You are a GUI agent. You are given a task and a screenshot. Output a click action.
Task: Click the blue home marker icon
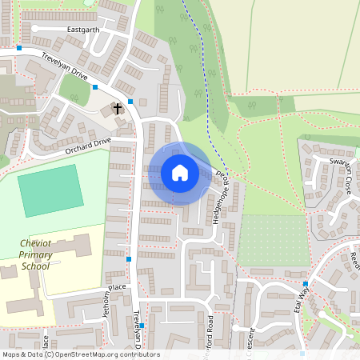pyautogui.click(x=180, y=173)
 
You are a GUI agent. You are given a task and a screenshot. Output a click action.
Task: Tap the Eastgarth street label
pyautogui.click(x=83, y=30)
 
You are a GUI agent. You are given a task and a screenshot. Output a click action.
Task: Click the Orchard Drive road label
pyautogui.click(x=89, y=145)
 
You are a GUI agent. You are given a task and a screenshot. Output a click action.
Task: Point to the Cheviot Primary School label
pyautogui.click(x=35, y=254)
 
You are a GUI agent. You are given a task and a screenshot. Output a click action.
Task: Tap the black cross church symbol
pyautogui.click(x=118, y=107)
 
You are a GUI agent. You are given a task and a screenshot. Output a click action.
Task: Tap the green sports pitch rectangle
pyautogui.click(x=50, y=190)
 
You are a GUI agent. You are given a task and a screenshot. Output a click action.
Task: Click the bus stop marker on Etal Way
pyautogui.click(x=306, y=284)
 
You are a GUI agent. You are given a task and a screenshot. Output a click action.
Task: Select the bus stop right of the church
pyautogui.click(x=130, y=102)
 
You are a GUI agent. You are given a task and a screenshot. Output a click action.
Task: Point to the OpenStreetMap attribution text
pyautogui.click(x=81, y=354)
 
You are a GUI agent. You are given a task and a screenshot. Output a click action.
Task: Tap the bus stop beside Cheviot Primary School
pyautogui.click(x=129, y=259)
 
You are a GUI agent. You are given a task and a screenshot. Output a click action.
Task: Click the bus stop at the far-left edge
pyautogui.click(x=19, y=48)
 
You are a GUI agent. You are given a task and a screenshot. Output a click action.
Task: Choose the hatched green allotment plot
pyautogui.click(x=274, y=239)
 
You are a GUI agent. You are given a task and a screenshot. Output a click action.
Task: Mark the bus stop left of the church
pyautogui.click(x=95, y=86)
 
